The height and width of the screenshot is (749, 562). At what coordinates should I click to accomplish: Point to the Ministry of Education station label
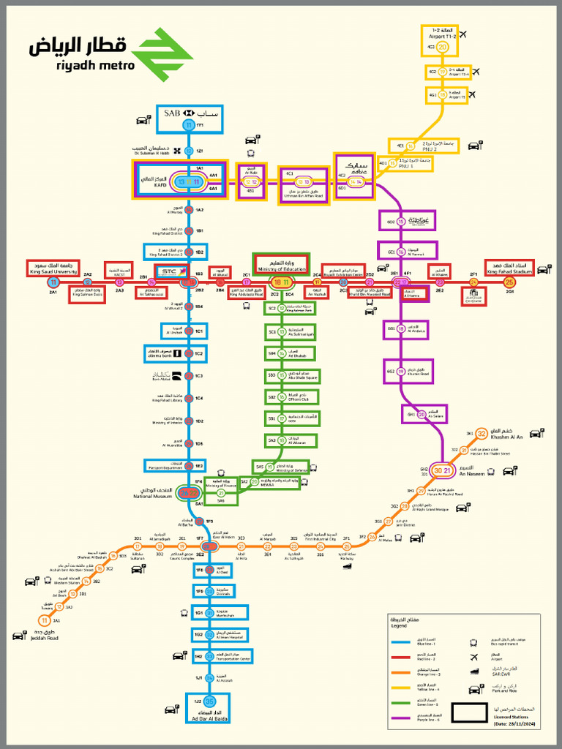(281, 264)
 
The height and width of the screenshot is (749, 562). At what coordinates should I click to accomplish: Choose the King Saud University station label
(53, 268)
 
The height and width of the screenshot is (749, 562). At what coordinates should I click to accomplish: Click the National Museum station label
(152, 494)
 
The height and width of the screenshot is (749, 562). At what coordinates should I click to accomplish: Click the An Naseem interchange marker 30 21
(442, 470)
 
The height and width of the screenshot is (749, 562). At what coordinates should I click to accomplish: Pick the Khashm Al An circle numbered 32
(482, 434)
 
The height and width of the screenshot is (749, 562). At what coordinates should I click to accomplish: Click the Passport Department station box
(187, 466)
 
